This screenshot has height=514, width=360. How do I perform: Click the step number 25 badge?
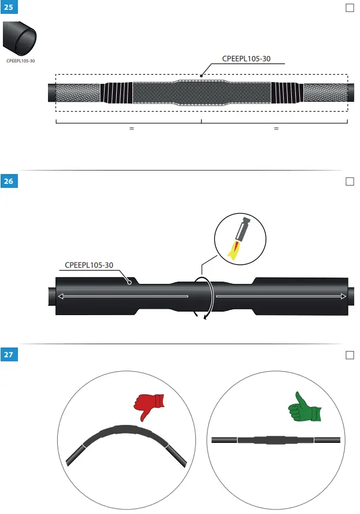coord(9,8)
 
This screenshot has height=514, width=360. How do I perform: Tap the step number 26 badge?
coord(9,182)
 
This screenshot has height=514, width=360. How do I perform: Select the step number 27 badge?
coord(9,354)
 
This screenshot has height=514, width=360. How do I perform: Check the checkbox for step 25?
coord(349,8)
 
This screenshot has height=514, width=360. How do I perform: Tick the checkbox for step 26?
coord(349,182)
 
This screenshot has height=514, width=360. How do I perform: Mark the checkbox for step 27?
coord(349,354)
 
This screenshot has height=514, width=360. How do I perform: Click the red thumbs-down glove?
coord(149,406)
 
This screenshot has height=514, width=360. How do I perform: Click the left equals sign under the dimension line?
coord(132,128)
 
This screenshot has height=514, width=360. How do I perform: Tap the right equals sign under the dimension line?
coord(276,128)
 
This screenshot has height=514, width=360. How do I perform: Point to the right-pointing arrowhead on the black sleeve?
coord(343,297)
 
